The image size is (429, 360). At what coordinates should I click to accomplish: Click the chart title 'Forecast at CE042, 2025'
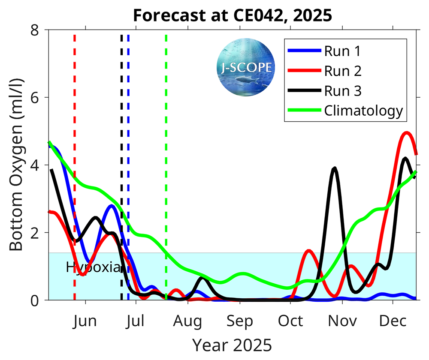click(x=232, y=15)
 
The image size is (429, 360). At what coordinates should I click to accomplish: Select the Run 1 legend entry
click(x=342, y=51)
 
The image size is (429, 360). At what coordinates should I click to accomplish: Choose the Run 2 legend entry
click(x=342, y=71)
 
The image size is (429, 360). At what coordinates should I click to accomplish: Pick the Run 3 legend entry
click(x=342, y=91)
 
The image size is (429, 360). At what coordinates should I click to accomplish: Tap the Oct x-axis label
click(x=290, y=321)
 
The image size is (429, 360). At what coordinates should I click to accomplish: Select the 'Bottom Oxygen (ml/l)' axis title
click(x=16, y=165)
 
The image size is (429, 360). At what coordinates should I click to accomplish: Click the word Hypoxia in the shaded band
click(x=93, y=267)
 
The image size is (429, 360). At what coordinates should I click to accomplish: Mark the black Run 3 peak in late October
click(x=334, y=168)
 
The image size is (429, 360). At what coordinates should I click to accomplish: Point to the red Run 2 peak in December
click(x=406, y=133)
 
